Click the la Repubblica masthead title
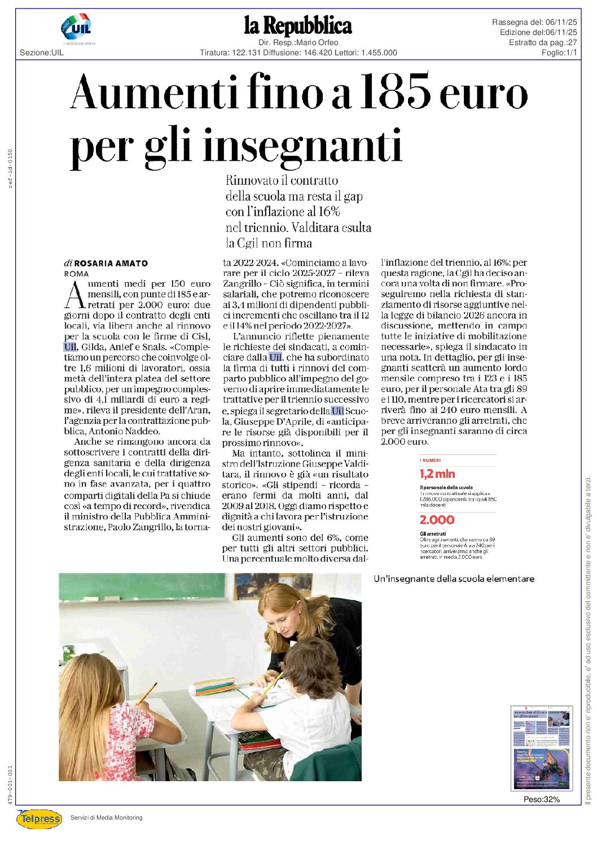298,26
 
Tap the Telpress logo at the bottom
39,818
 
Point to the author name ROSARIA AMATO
111,263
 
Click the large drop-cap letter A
75,295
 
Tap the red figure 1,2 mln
437,474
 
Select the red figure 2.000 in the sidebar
437,520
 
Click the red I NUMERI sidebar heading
431,461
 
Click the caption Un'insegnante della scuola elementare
454,579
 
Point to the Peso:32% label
541,799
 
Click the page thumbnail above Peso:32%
541,748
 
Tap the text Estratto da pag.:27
542,42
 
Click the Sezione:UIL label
42,52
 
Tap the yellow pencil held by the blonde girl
146,694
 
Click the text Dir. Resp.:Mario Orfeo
298,42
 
